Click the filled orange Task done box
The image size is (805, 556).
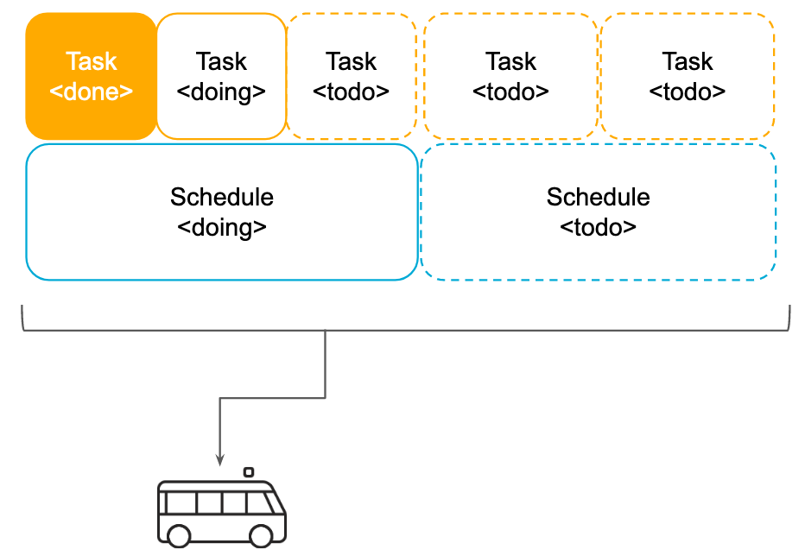(x=91, y=76)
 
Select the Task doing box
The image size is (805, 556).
(x=221, y=76)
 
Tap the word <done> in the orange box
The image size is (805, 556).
(x=92, y=92)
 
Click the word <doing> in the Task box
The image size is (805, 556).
(x=221, y=92)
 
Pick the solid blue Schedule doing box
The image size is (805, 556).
(x=222, y=212)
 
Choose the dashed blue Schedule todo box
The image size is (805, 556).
(x=598, y=212)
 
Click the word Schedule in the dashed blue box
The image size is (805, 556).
(x=598, y=197)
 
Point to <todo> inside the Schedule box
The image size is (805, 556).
(x=598, y=228)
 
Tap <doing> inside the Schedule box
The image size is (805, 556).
(x=222, y=228)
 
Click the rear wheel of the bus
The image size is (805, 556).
(x=179, y=535)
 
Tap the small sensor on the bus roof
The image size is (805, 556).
(x=249, y=472)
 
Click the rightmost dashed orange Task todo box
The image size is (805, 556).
(x=688, y=76)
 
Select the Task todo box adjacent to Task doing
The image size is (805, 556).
(x=351, y=76)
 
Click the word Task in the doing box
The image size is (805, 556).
(x=221, y=61)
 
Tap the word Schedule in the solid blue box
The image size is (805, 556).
(x=222, y=197)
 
